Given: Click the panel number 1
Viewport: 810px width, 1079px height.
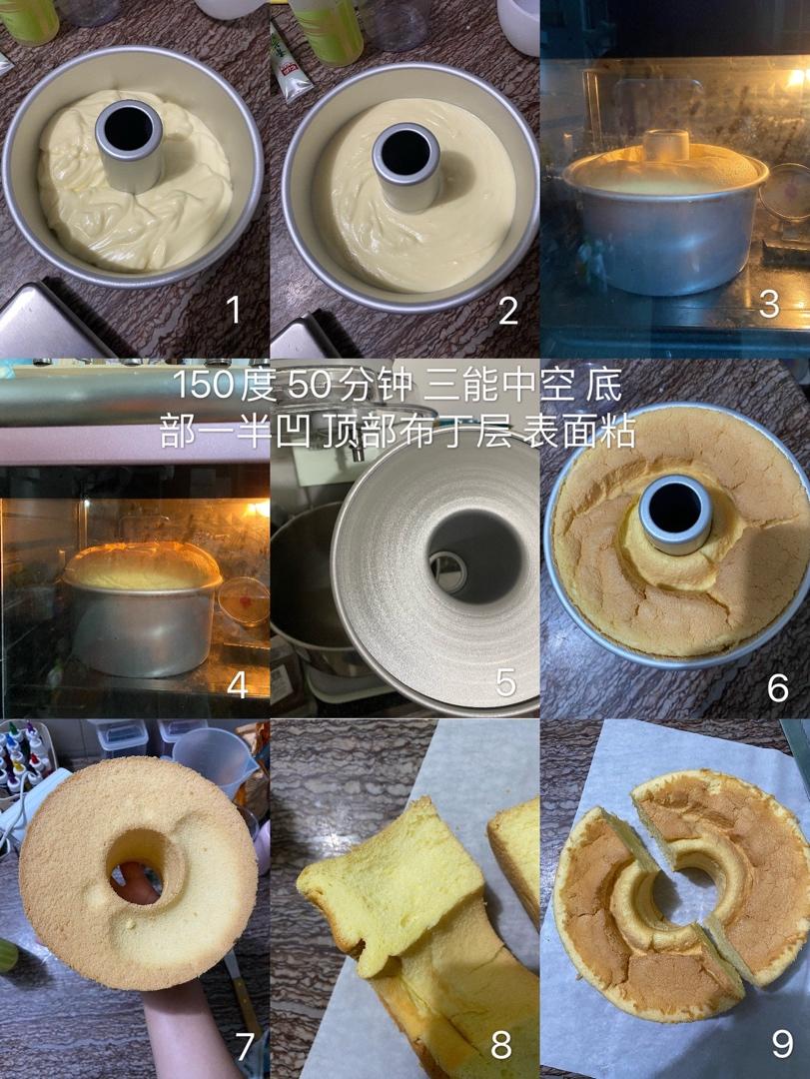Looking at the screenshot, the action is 234,309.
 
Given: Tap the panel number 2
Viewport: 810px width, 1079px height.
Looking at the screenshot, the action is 508,311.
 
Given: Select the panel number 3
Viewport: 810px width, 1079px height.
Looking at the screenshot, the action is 769,304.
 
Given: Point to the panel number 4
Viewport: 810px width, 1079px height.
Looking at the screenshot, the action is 238,684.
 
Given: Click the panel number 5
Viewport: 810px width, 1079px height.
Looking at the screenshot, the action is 505,682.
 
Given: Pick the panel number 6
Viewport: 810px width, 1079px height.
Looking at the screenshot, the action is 778,687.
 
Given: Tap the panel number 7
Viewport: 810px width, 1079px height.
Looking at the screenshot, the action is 245,1045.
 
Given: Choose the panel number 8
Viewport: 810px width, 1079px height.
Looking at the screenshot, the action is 501,1045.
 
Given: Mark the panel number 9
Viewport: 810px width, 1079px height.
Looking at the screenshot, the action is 782,1044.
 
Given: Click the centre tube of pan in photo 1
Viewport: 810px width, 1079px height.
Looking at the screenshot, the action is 130,145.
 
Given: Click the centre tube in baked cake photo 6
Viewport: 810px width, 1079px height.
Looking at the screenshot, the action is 675,514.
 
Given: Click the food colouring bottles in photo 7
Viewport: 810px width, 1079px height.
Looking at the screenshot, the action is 25,758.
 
